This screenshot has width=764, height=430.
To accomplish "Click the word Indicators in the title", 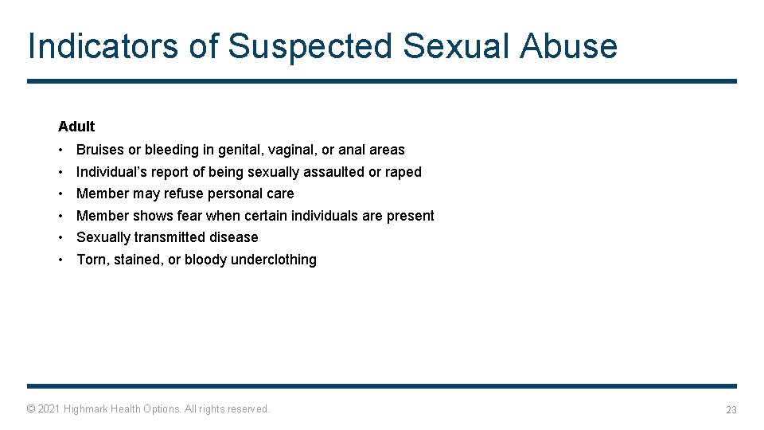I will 101,46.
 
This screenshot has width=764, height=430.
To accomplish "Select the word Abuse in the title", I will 568,46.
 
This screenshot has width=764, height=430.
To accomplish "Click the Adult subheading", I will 76,127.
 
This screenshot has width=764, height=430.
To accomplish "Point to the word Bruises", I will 100,150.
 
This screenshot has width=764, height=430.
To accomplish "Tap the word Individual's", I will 111,172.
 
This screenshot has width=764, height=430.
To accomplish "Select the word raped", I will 403,172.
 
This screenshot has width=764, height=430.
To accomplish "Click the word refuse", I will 184,193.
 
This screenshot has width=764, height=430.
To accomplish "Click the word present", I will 411,216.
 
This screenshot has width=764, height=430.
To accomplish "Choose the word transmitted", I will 166,237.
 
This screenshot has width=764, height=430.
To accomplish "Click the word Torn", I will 92,260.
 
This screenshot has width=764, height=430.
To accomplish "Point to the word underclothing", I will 274,260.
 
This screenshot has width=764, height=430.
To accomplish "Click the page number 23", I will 731,410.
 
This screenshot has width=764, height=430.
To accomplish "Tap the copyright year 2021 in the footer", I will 49,409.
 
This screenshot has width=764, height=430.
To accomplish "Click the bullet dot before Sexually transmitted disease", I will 60,237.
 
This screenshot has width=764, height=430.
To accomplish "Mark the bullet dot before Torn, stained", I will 60,260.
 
